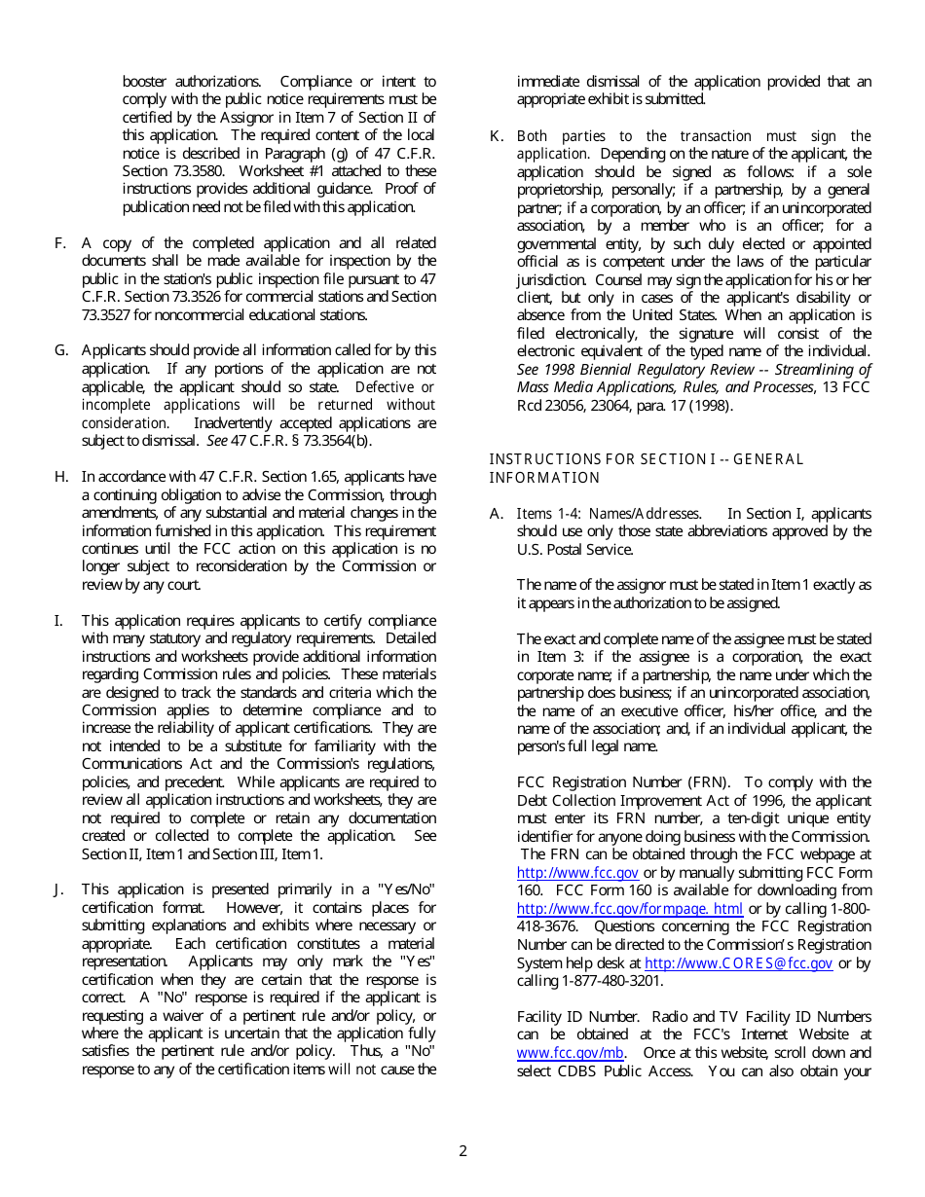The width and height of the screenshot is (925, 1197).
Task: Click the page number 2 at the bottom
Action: click(462, 1151)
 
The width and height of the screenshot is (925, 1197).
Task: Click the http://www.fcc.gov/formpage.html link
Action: click(629, 909)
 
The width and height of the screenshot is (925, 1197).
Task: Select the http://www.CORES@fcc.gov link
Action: click(738, 963)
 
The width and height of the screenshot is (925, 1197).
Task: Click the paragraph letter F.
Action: click(59, 243)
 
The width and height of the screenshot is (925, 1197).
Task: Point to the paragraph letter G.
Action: click(60, 350)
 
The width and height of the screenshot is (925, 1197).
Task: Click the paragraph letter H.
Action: click(60, 477)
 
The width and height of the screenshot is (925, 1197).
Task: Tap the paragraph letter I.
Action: click(58, 621)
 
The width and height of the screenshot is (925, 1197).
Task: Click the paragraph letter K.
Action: click(495, 136)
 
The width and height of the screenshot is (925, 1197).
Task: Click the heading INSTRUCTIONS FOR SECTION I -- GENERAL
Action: click(646, 459)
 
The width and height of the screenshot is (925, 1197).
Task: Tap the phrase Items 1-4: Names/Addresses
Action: click(608, 514)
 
